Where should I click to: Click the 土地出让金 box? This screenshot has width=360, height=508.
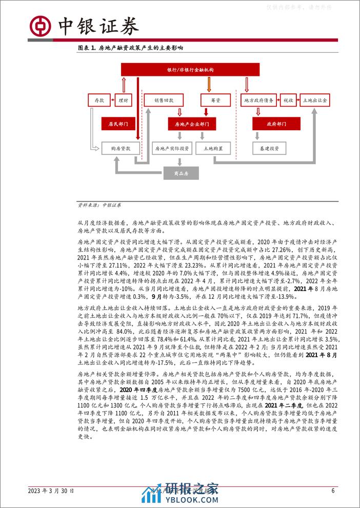tap(316, 100)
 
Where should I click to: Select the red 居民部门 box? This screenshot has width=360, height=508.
tap(117, 124)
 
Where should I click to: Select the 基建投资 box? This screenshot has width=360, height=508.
tap(266, 149)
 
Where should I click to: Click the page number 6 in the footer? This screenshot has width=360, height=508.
tap(333, 490)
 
